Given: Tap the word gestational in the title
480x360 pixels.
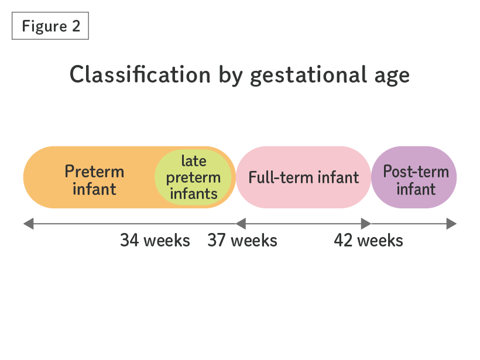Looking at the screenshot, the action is click(x=308, y=75).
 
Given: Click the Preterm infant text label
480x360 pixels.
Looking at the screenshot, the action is click(x=94, y=180).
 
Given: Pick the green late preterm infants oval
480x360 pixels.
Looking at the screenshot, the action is click(x=193, y=177).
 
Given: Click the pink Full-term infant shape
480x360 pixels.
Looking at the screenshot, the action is click(x=303, y=177).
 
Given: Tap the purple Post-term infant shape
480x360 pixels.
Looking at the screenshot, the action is click(x=414, y=177).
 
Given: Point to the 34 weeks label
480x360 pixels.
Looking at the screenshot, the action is click(x=155, y=241).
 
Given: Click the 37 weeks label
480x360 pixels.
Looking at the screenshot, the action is click(x=242, y=241).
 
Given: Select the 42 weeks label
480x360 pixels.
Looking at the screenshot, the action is click(x=368, y=241).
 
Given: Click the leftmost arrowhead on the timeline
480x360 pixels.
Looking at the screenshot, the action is click(x=29, y=224).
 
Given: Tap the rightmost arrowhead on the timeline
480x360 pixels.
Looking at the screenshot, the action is click(x=451, y=224).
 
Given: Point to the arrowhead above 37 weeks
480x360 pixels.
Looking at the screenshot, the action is click(x=241, y=224).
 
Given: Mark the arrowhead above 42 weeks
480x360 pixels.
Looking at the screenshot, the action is click(x=366, y=224).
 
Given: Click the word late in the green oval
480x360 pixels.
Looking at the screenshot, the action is click(x=194, y=161).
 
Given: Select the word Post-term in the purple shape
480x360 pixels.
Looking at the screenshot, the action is click(x=416, y=172).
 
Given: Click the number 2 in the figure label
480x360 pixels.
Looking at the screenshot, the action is click(x=76, y=26).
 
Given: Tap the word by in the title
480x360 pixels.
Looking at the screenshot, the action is click(x=231, y=76).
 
